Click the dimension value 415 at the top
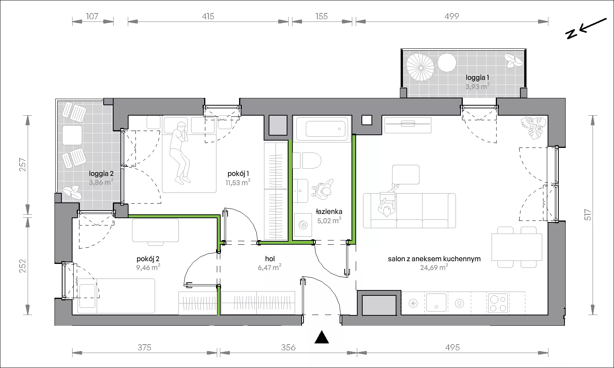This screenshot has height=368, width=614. (208, 17)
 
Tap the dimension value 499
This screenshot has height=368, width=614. (452, 17)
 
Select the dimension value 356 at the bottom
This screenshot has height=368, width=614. (288, 348)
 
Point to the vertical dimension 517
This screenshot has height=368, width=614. (588, 215)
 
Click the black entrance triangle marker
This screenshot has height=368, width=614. (322, 337)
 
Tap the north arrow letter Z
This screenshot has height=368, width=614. (571, 34)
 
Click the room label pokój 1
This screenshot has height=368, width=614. (238, 174)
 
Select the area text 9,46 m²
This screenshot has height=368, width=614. (148, 267)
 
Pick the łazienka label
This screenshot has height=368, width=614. (329, 212)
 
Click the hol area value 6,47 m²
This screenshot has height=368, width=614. (269, 267)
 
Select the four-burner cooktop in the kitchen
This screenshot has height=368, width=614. (498, 303)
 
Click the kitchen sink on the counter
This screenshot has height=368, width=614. (436, 303)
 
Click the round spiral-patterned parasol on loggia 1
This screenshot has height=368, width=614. (420, 68)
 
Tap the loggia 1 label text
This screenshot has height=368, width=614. (477, 78)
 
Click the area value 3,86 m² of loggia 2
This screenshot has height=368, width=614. (101, 182)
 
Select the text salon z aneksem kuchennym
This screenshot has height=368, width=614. (434, 259)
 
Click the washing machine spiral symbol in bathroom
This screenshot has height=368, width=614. (303, 225)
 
